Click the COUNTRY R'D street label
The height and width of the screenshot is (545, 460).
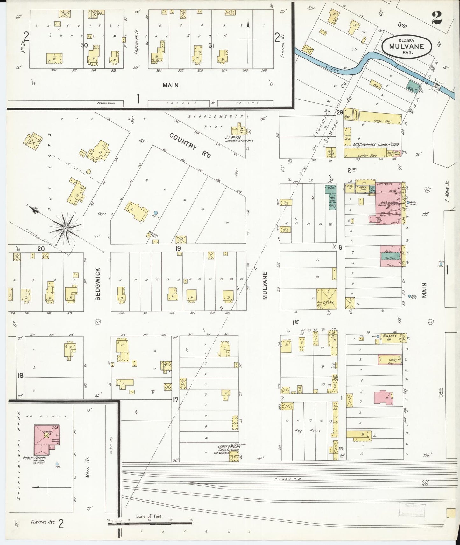pos(190,146)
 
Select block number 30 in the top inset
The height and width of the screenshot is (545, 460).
pos(84,45)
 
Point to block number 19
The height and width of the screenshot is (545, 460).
pos(178,248)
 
